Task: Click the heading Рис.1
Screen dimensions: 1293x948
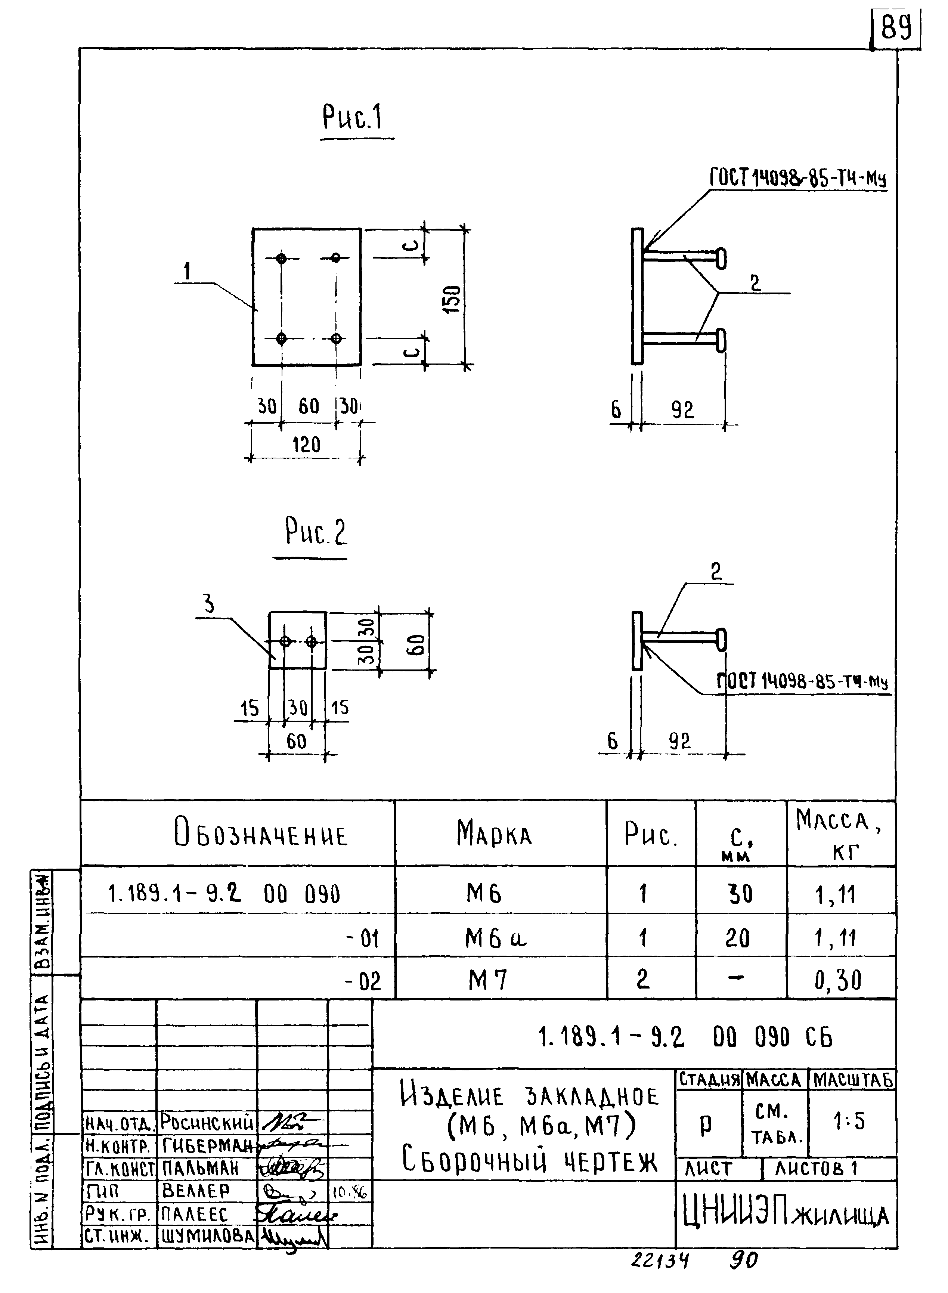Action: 352,118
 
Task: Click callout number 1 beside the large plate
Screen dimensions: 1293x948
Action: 187,271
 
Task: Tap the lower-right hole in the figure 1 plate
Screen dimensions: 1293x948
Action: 336,338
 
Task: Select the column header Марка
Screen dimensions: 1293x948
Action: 495,834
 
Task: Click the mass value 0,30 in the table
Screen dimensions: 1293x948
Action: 838,980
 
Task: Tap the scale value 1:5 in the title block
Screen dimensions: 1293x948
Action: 849,1122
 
